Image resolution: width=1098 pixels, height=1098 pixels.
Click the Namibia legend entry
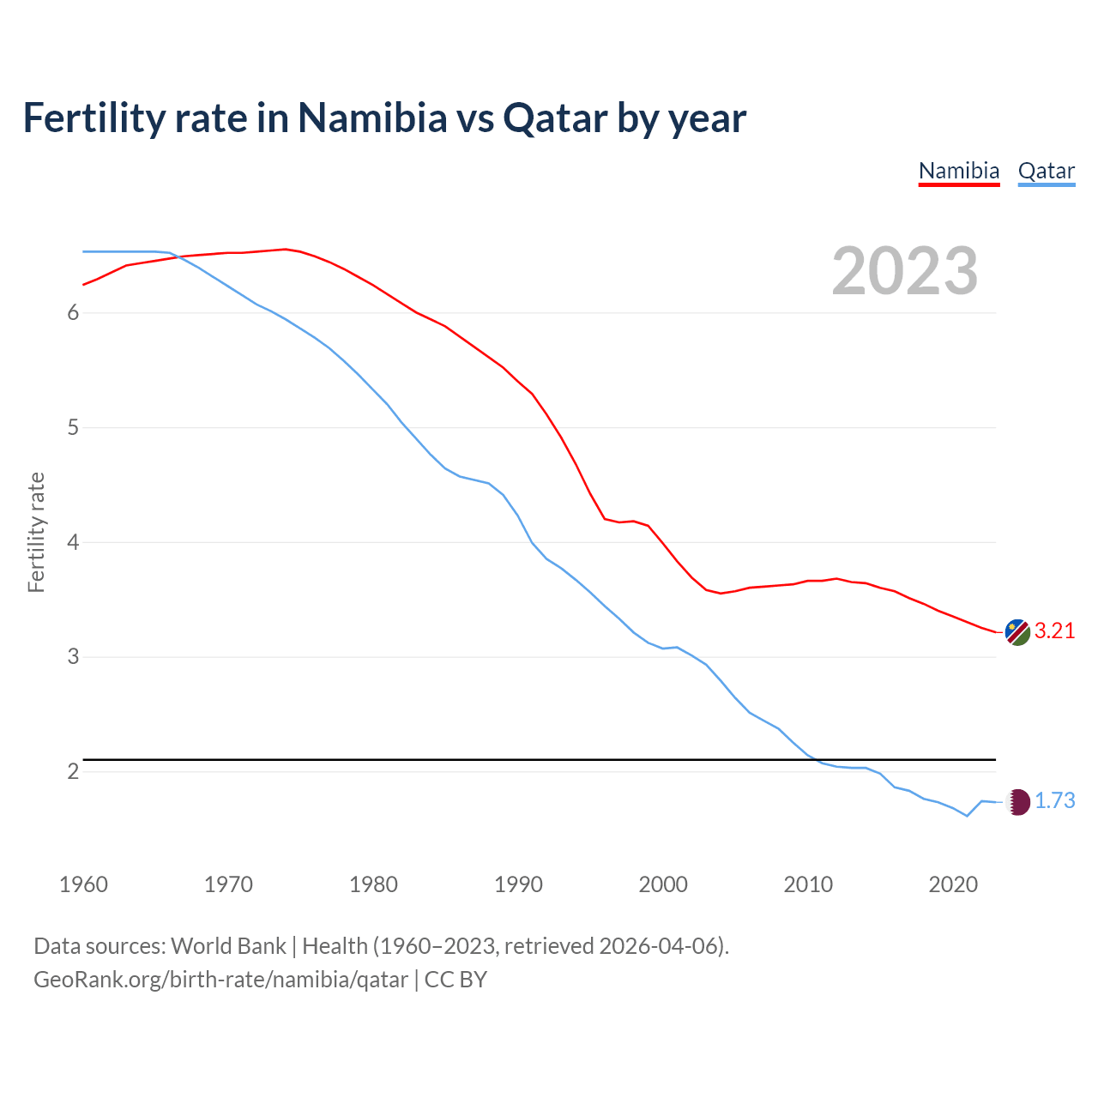958,171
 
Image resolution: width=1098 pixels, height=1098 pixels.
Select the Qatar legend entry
1046,171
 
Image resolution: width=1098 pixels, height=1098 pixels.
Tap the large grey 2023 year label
905,271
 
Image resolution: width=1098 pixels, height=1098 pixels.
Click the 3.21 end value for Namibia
1054,631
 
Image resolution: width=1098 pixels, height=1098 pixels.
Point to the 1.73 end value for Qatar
1054,801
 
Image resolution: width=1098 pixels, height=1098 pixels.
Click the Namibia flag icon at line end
1017,632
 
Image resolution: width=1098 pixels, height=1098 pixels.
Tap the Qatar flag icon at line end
1017,802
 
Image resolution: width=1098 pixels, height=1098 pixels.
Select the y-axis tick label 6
74,313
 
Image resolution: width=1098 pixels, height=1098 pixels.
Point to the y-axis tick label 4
74,542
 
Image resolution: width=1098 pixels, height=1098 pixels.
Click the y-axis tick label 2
74,772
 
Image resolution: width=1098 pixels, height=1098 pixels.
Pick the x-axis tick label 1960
83,884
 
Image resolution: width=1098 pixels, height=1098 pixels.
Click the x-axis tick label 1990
518,884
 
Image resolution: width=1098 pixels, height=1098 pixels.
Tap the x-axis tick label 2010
808,884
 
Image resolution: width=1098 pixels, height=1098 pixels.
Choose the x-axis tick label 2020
953,884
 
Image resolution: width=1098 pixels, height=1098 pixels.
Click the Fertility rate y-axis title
36,532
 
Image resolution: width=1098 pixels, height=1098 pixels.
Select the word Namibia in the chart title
372,118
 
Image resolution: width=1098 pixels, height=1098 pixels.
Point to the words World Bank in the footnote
228,946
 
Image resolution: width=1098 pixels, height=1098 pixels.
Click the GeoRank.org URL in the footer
220,980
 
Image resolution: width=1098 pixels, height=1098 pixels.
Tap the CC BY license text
455,980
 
